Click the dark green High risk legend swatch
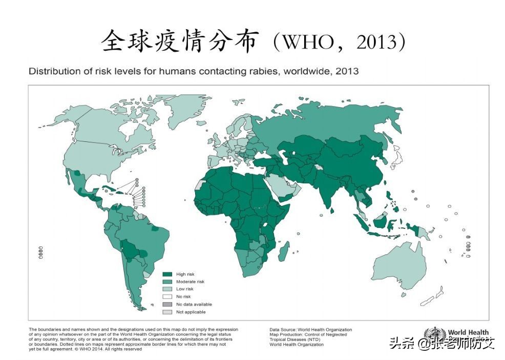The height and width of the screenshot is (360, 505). click(x=167, y=274)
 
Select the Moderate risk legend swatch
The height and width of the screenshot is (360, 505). click(x=167, y=282)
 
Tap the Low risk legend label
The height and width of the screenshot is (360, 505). click(x=185, y=289)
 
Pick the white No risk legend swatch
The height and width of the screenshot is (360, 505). click(x=167, y=297)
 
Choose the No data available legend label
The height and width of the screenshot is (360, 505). click(x=194, y=304)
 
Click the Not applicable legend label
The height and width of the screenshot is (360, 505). click(x=191, y=312)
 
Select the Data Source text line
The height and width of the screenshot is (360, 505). click(x=310, y=330)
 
